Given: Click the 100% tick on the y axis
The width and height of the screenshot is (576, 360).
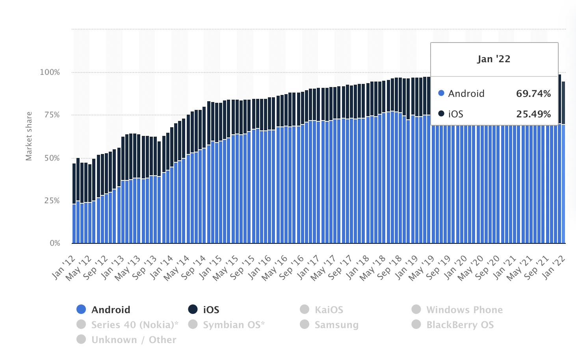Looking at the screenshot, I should [50, 72].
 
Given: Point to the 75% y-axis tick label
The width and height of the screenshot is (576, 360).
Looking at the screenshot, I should [52, 115].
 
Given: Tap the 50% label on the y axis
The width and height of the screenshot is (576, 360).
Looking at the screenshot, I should [52, 158].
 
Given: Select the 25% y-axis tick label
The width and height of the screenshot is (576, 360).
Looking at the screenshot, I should [52, 200].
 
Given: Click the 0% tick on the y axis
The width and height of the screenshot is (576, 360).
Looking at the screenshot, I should [55, 243].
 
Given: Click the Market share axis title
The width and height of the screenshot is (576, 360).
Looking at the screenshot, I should [29, 136].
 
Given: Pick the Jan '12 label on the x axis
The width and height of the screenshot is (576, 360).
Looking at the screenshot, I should [64, 267].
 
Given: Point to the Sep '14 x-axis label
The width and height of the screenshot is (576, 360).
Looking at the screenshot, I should [194, 267].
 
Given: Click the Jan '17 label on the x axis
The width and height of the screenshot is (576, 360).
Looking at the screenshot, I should [308, 267].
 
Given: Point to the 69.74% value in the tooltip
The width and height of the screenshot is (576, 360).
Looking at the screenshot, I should [533, 93].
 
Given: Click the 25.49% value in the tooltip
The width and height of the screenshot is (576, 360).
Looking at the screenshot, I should [533, 114].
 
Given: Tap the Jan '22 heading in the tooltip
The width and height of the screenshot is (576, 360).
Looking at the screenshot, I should [494, 59].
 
